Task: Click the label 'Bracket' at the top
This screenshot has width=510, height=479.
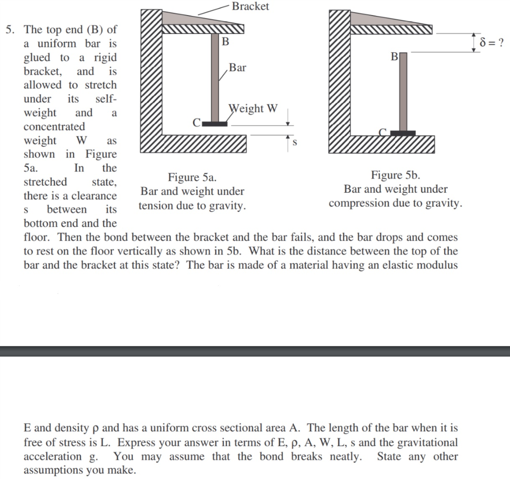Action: tap(250, 6)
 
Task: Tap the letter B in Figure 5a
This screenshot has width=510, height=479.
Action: tap(225, 42)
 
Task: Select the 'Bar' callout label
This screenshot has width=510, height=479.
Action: tap(237, 68)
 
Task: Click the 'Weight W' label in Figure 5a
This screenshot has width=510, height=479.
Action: tap(253, 109)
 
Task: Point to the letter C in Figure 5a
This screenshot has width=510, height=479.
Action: tap(197, 122)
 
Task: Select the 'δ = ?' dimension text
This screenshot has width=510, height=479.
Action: tap(491, 42)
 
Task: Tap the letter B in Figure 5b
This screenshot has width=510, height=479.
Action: tap(394, 57)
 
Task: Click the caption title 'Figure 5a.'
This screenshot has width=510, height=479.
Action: tap(192, 177)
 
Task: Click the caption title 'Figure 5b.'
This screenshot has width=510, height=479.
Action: tap(395, 175)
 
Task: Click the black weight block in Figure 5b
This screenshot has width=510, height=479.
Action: tap(402, 133)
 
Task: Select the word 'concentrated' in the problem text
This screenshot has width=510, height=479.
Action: tap(54, 126)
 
